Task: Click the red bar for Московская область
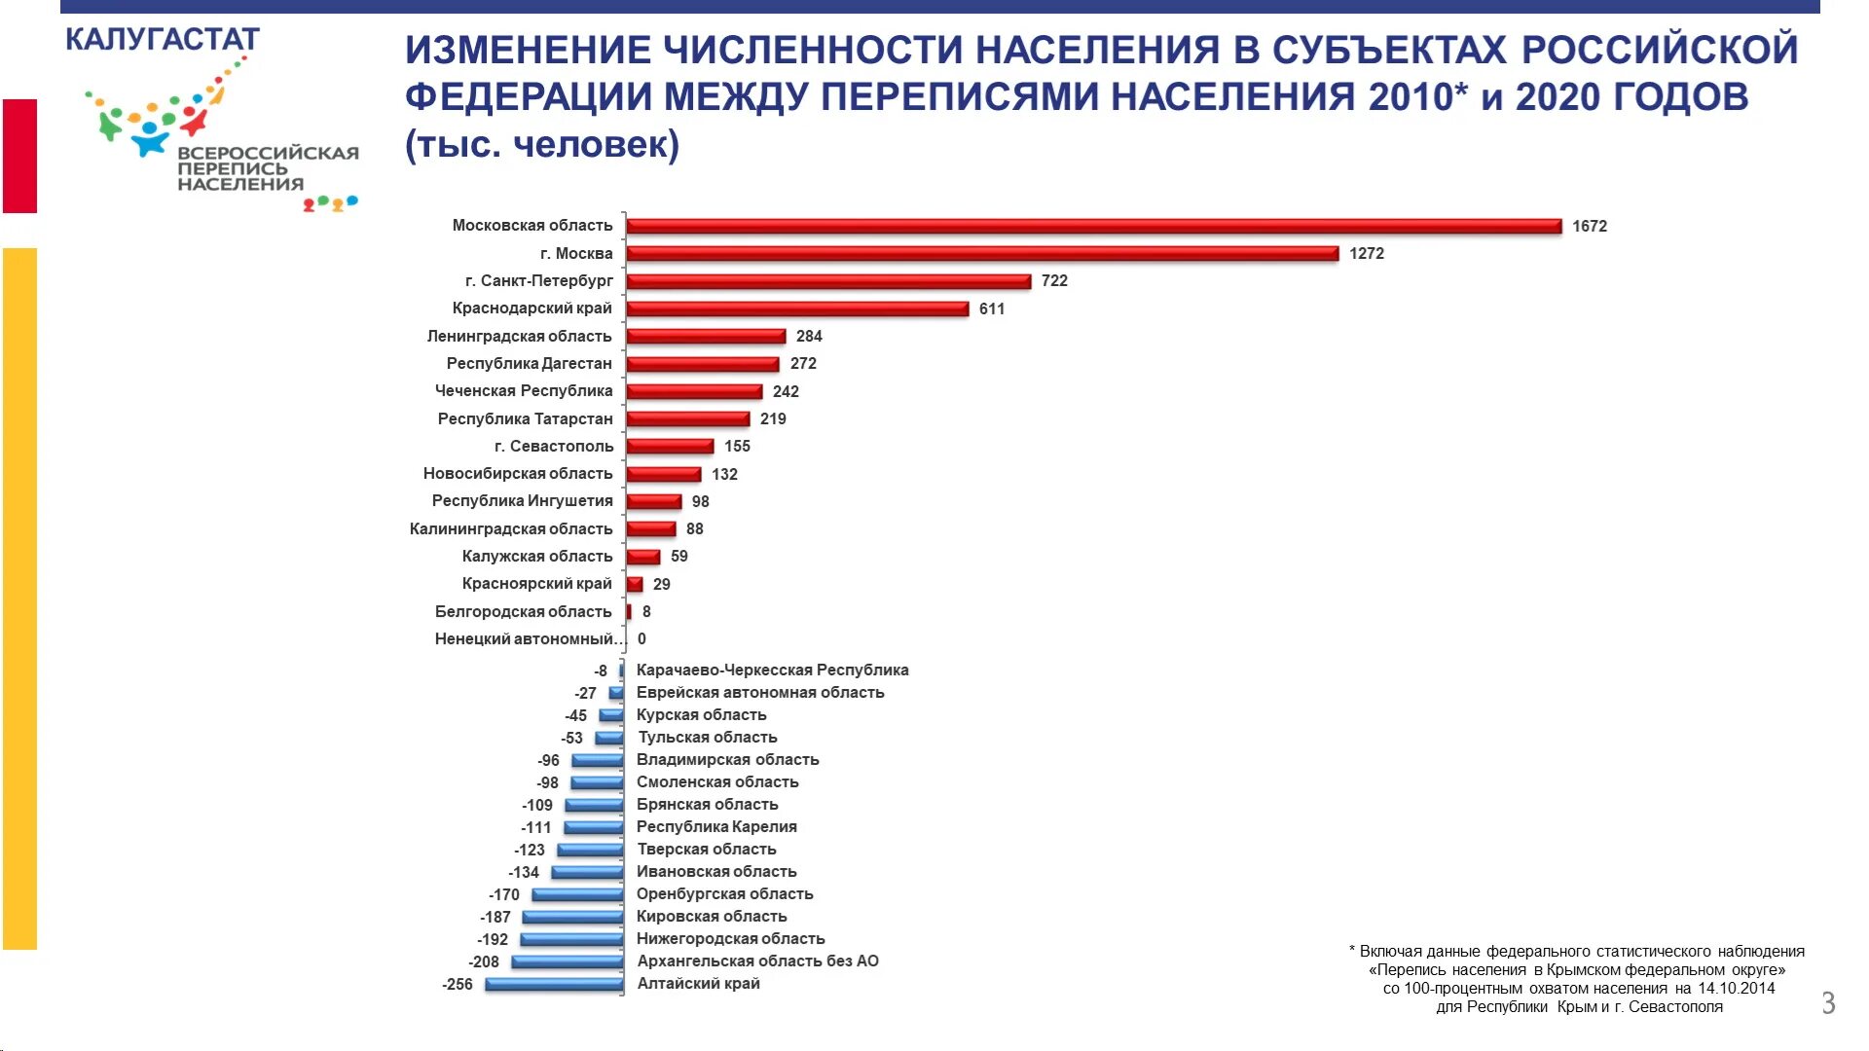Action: (1093, 226)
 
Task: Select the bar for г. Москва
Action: (982, 253)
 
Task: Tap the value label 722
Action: (1054, 281)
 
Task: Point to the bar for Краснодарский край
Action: (797, 308)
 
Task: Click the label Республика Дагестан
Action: (530, 364)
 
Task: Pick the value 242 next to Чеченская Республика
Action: (786, 391)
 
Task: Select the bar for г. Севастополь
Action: (670, 447)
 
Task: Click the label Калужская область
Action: (537, 557)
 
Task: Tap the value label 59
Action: (679, 557)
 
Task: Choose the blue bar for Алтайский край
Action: (554, 984)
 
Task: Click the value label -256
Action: (458, 985)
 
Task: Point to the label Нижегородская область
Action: (731, 939)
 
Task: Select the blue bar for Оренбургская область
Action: (577, 894)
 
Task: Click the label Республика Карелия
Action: (716, 827)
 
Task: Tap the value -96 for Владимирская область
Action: (549, 761)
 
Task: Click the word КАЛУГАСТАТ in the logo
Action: (163, 40)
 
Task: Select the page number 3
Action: (1828, 1003)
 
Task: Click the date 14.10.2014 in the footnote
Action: (1737, 989)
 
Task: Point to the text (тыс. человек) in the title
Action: (542, 145)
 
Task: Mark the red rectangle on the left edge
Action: (19, 156)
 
